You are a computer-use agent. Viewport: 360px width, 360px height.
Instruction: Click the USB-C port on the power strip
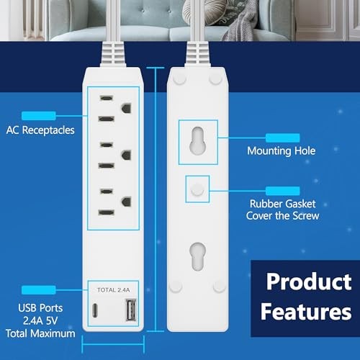click(x=95, y=310)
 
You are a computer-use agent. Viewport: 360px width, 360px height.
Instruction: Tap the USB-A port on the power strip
click(x=131, y=310)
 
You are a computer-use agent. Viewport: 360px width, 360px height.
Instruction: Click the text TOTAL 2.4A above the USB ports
click(x=114, y=290)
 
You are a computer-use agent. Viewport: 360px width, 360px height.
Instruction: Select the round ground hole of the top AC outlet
click(x=126, y=108)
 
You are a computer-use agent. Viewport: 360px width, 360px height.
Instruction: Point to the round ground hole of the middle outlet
click(x=126, y=155)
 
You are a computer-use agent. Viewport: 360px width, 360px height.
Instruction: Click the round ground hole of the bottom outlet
click(x=126, y=202)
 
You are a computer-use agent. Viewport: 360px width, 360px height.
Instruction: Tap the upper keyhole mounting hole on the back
click(x=198, y=140)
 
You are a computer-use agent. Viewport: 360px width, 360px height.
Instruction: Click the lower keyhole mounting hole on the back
click(x=198, y=256)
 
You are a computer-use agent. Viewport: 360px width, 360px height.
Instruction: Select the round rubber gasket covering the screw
click(x=197, y=189)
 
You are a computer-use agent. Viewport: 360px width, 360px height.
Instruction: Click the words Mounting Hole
click(x=282, y=151)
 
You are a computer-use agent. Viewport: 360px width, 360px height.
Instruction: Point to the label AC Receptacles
click(x=40, y=130)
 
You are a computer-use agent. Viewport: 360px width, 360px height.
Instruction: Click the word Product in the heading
click(x=309, y=282)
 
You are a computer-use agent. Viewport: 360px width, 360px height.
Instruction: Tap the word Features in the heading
click(x=306, y=312)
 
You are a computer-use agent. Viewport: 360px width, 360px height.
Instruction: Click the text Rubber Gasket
click(x=283, y=204)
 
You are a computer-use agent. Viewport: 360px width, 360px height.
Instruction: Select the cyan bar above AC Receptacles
click(x=39, y=116)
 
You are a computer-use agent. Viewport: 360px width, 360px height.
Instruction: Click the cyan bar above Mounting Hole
click(x=283, y=138)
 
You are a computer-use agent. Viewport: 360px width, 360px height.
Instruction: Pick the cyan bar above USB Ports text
click(x=39, y=290)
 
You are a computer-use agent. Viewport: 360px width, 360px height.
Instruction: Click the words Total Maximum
click(x=40, y=333)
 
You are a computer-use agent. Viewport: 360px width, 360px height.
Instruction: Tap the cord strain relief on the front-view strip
click(x=113, y=53)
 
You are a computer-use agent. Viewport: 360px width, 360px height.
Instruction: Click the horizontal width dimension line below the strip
click(x=113, y=344)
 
